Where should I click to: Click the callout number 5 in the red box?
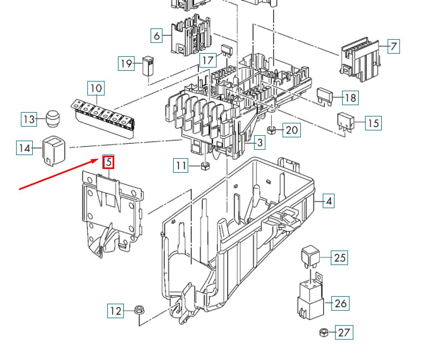coord(109,161)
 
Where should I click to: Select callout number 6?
coord(157,36)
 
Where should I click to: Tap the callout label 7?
coord(393,47)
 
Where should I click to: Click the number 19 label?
coord(126,64)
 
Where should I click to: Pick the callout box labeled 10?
coord(96,88)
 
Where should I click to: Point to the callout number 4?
coord(329,202)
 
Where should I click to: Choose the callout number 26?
coord(340,303)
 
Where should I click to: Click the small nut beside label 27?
coord(323,332)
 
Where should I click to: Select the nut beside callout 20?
coord(272,130)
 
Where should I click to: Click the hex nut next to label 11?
coord(204,165)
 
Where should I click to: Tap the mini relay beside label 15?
coord(345,122)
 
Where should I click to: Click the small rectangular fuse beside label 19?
coord(148,66)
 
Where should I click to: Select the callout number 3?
coord(259,143)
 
